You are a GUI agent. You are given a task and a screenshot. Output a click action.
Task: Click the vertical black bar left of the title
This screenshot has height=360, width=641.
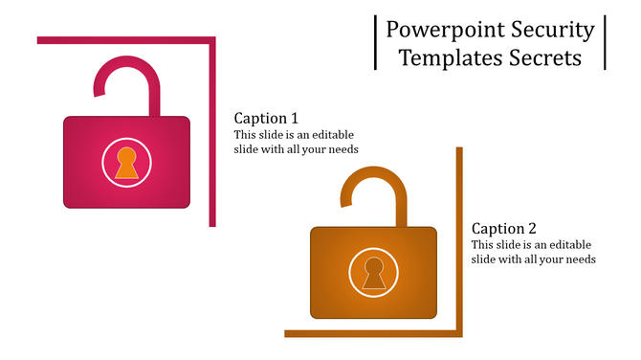pos(375,42)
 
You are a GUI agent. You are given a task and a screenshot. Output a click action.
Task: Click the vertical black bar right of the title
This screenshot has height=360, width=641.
pos(605,42)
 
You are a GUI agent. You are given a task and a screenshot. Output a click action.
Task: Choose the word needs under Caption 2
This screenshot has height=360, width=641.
pos(580,259)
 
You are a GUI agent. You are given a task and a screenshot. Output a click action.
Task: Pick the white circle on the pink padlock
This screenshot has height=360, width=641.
pos(105,163)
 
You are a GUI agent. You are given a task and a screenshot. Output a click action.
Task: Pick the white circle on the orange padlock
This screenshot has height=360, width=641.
pos(352,273)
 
